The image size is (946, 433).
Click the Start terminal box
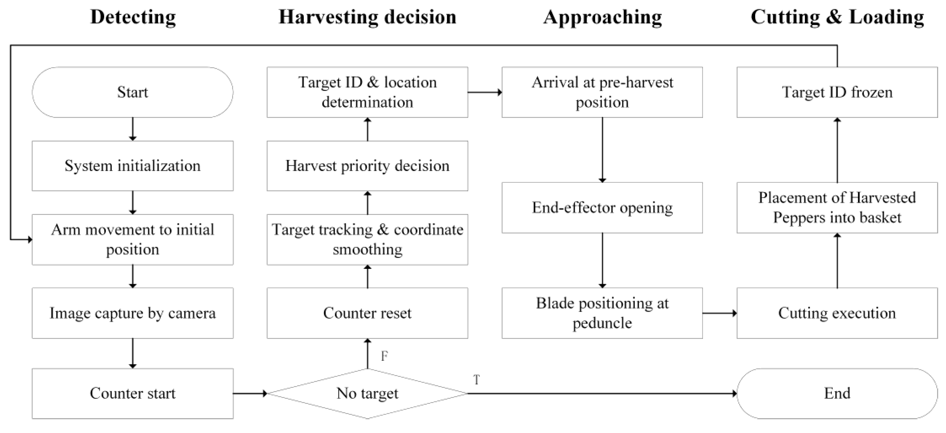[x=132, y=92]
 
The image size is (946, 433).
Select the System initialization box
[x=132, y=166]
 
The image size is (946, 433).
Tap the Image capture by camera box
[x=132, y=313]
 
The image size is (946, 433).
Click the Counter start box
[x=132, y=393]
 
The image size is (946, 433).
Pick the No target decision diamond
[x=367, y=393]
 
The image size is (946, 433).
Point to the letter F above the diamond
[x=384, y=356]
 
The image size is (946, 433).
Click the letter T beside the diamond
[x=476, y=380]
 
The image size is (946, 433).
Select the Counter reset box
[x=367, y=313]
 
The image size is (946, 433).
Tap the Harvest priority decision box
[x=367, y=166]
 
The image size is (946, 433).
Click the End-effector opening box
[x=602, y=208]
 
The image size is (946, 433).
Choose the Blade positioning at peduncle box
[x=602, y=313]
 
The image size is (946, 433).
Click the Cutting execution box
[x=837, y=313]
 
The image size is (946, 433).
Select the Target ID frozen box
[x=837, y=92]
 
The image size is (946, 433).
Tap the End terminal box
[x=837, y=393]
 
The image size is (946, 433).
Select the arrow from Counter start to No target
[x=250, y=394]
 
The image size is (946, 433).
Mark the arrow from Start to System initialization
[x=132, y=129]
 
